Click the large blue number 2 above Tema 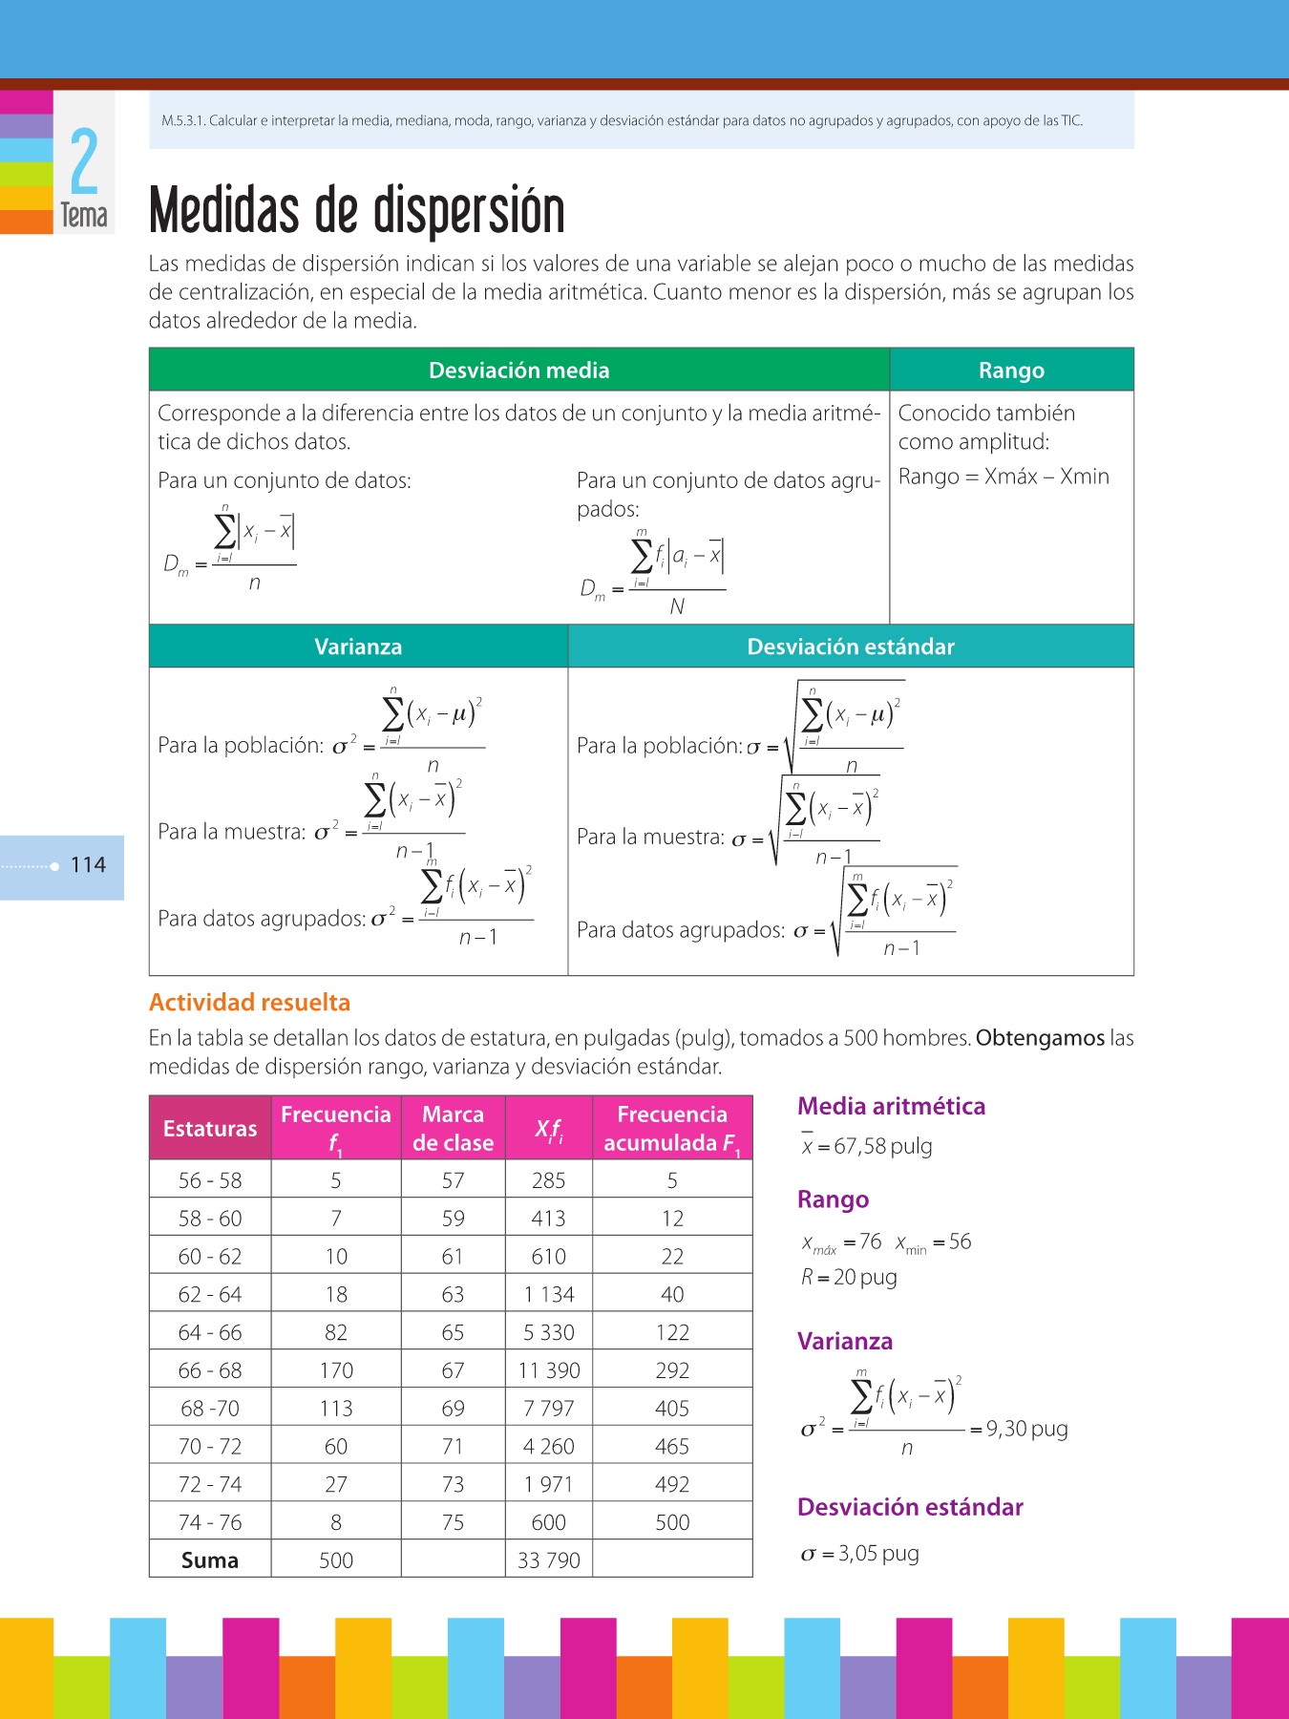click(84, 161)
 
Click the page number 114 click(88, 865)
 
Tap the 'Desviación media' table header click(518, 371)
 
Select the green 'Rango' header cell click(1011, 371)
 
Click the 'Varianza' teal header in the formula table click(358, 647)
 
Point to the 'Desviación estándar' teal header click(850, 647)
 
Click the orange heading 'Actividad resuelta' click(249, 1002)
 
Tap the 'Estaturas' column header click(210, 1129)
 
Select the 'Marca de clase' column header click(453, 1129)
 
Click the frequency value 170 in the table click(336, 1370)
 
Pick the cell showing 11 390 click(549, 1370)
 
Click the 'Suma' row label click(210, 1560)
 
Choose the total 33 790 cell click(549, 1560)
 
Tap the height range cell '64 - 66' click(210, 1332)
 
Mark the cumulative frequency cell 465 click(672, 1447)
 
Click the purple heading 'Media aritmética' click(891, 1106)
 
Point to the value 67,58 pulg click(882, 1146)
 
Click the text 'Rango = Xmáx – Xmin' click(1004, 477)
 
